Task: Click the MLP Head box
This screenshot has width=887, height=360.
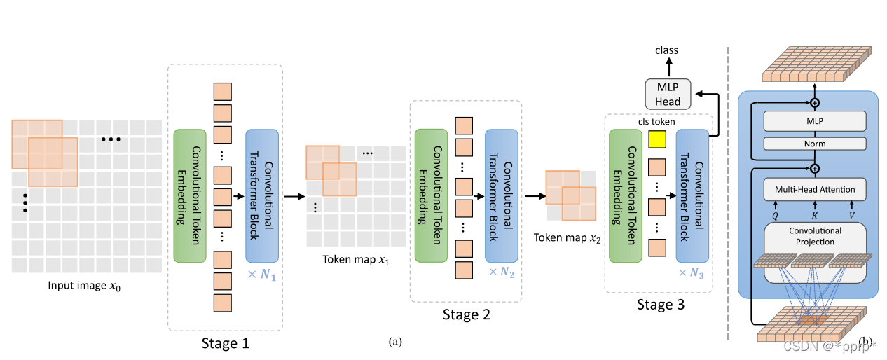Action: pyautogui.click(x=667, y=93)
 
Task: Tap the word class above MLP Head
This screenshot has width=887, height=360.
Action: pyautogui.click(x=666, y=50)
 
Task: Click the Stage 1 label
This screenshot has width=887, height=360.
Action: pyautogui.click(x=225, y=343)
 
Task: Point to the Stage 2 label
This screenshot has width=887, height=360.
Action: pyautogui.click(x=466, y=314)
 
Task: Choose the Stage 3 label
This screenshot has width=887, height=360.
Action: pyautogui.click(x=660, y=304)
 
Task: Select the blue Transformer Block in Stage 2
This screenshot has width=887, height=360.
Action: pyautogui.click(x=501, y=194)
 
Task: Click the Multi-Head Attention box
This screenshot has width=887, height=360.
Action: pyautogui.click(x=814, y=190)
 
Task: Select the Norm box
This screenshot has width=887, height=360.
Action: pyautogui.click(x=815, y=144)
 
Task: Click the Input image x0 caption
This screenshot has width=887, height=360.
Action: pyautogui.click(x=86, y=286)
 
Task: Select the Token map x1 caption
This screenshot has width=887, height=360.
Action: pyautogui.click(x=355, y=260)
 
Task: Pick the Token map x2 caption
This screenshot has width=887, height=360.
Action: pyautogui.click(x=568, y=238)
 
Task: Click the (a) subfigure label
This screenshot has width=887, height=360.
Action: pyautogui.click(x=395, y=342)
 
